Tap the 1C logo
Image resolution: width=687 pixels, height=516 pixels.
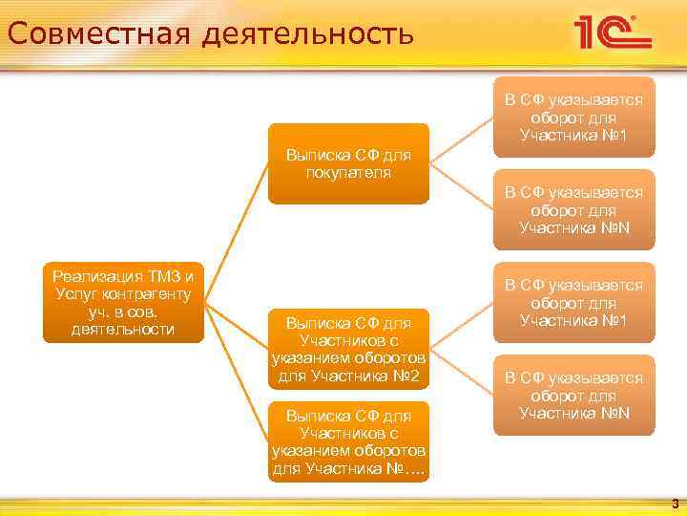tap(612, 32)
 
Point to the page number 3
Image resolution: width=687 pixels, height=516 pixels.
tap(675, 503)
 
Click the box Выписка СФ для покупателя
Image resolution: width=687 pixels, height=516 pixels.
tap(348, 162)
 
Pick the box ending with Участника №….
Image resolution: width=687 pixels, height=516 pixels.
tap(348, 441)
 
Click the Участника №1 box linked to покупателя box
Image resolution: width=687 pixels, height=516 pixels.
tap(573, 117)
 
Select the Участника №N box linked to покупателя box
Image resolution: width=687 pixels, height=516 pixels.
tap(573, 209)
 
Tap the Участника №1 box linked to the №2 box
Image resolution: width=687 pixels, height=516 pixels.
tap(573, 302)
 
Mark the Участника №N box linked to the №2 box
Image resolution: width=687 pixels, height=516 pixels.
tap(573, 395)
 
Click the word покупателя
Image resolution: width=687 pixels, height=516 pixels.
tap(348, 172)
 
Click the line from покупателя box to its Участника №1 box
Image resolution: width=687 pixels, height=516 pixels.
tap(462, 140)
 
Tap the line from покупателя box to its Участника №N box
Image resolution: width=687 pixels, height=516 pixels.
tap(462, 185)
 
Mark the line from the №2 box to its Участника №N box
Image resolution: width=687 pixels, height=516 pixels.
tap(462, 371)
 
